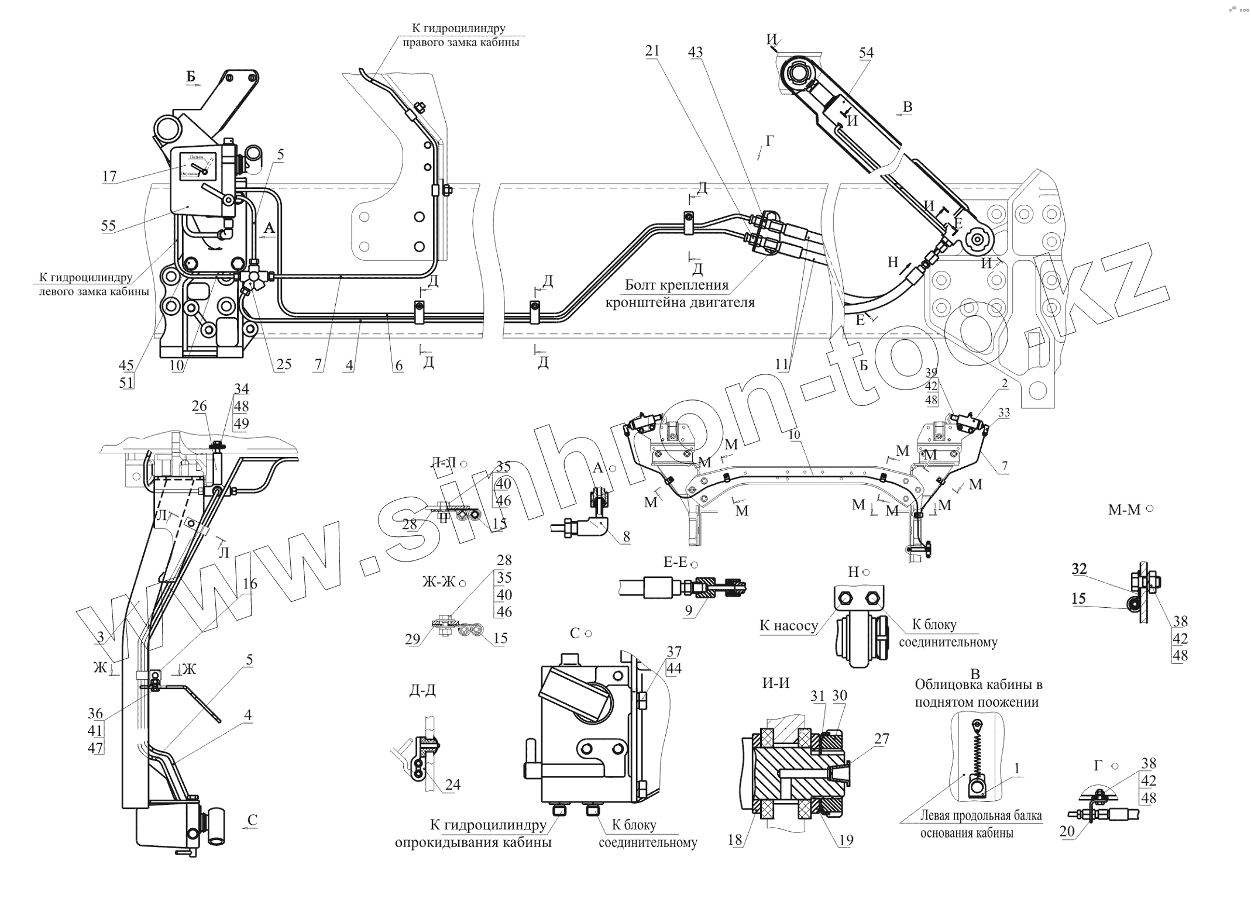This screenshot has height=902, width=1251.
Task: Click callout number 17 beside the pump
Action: [109, 176]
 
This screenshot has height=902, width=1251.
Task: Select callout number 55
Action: [109, 226]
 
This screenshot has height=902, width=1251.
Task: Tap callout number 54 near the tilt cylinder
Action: [866, 53]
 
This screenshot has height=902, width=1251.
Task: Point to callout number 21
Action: [652, 51]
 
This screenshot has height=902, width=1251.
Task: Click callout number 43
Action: [695, 53]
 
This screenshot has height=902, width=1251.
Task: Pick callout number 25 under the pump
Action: [284, 365]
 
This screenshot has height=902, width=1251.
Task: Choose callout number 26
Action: [200, 405]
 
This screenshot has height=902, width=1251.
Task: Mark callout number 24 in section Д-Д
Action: [453, 784]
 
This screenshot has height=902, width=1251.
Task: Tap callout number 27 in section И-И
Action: [882, 739]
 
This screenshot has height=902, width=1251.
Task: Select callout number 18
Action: [734, 840]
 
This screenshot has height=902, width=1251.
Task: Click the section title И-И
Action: [776, 683]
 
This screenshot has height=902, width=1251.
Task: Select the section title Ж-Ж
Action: [439, 583]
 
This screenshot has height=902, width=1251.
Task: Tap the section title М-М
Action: [1125, 509]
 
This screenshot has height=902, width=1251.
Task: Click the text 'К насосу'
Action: [789, 625]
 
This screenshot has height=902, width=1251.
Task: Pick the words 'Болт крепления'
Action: [676, 285]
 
